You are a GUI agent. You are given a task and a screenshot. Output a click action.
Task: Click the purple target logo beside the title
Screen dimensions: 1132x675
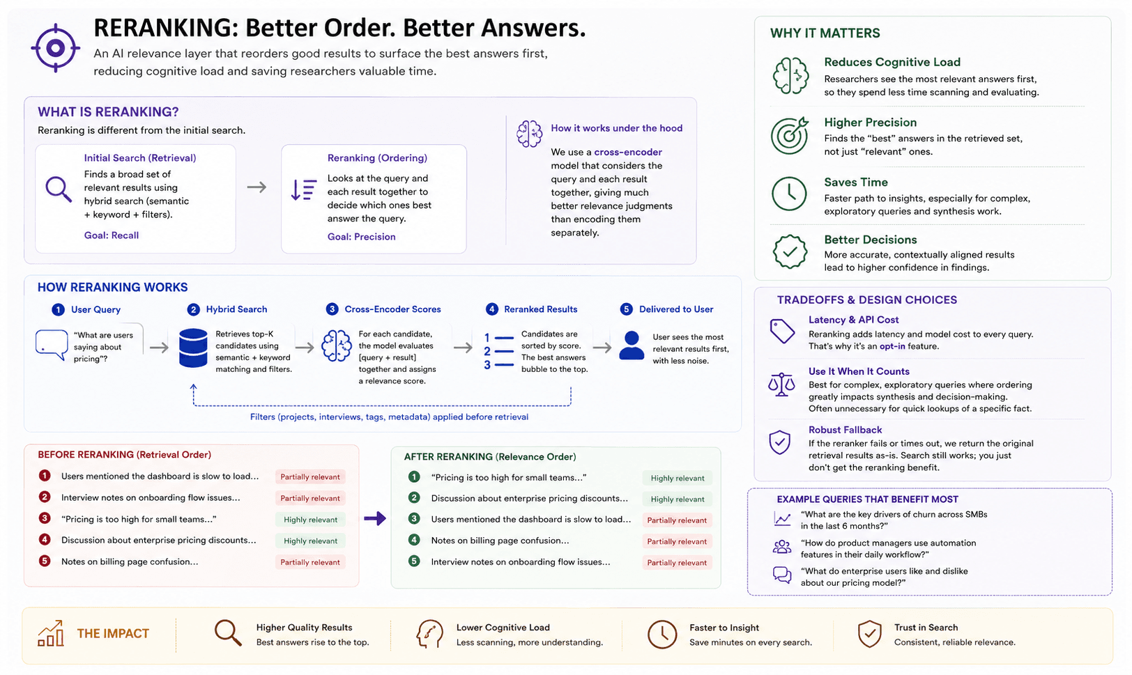click(56, 48)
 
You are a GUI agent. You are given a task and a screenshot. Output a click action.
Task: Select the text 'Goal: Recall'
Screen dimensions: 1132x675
click(112, 235)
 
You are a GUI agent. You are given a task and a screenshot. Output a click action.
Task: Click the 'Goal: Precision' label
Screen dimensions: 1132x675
click(361, 237)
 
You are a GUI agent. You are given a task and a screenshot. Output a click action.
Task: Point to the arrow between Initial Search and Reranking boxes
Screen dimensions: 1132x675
click(257, 187)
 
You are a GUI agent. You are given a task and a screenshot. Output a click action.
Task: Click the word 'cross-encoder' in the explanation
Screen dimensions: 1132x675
click(627, 152)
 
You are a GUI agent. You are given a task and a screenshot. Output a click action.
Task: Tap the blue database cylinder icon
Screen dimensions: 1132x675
click(193, 348)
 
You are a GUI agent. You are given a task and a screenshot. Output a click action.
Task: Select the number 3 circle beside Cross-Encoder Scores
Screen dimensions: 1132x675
click(332, 309)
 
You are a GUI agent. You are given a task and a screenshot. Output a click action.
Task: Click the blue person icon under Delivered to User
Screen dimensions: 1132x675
click(632, 346)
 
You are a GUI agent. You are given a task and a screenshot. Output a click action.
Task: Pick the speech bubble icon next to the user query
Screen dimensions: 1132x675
click(52, 345)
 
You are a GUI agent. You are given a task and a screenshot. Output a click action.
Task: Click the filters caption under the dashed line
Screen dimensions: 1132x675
click(389, 417)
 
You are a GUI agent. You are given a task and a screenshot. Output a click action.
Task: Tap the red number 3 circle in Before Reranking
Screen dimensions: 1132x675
click(45, 518)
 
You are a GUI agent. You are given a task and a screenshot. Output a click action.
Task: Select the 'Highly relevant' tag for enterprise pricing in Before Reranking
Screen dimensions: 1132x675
click(310, 541)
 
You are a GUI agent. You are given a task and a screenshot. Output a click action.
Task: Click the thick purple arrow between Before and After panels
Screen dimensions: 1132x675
click(375, 518)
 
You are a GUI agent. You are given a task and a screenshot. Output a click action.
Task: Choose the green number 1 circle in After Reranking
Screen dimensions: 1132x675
click(414, 477)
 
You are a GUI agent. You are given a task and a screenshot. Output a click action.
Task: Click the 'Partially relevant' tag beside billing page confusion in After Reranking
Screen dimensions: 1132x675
click(678, 541)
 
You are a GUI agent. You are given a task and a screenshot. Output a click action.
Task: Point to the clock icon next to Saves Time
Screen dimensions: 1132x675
click(789, 194)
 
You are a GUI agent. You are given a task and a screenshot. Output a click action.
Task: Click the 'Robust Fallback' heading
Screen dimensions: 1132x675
click(845, 430)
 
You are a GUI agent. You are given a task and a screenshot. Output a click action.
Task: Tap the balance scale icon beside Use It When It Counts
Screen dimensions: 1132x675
click(781, 385)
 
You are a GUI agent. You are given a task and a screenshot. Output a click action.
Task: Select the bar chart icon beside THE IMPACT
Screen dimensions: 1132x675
click(50, 633)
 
